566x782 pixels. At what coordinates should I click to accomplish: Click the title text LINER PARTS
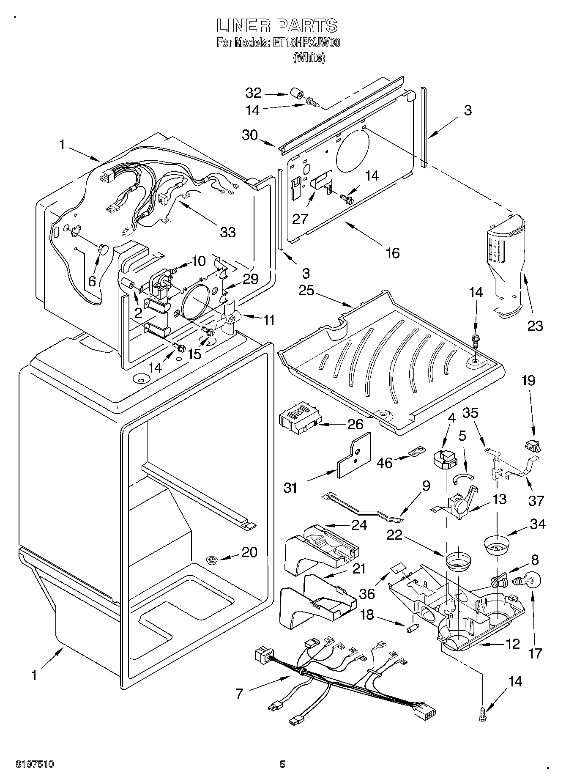[277, 26]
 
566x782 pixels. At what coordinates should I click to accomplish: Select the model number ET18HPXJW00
[305, 43]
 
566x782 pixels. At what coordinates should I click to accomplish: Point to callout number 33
[228, 232]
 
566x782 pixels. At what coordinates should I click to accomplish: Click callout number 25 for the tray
[306, 291]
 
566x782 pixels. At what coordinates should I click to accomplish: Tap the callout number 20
[249, 552]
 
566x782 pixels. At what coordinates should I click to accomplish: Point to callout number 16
[393, 252]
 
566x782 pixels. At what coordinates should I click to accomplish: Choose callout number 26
[355, 423]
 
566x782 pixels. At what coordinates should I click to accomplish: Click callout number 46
[385, 462]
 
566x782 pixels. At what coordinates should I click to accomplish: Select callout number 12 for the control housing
[512, 644]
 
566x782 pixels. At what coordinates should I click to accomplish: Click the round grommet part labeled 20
[211, 560]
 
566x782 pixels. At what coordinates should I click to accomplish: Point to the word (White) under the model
[309, 58]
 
